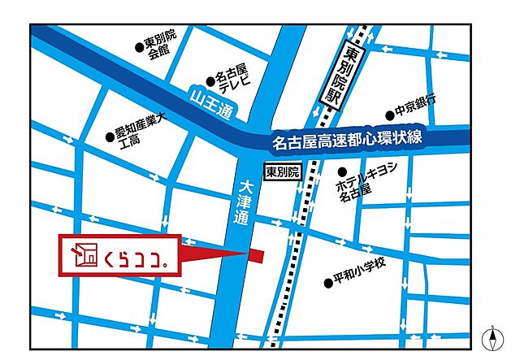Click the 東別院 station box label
(x=283, y=171)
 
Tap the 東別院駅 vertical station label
(x=353, y=79)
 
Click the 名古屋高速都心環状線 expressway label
(x=347, y=142)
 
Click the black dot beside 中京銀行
(x=389, y=116)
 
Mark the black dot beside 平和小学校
(x=328, y=284)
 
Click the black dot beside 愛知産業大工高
(x=110, y=137)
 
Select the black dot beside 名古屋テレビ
(x=210, y=80)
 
